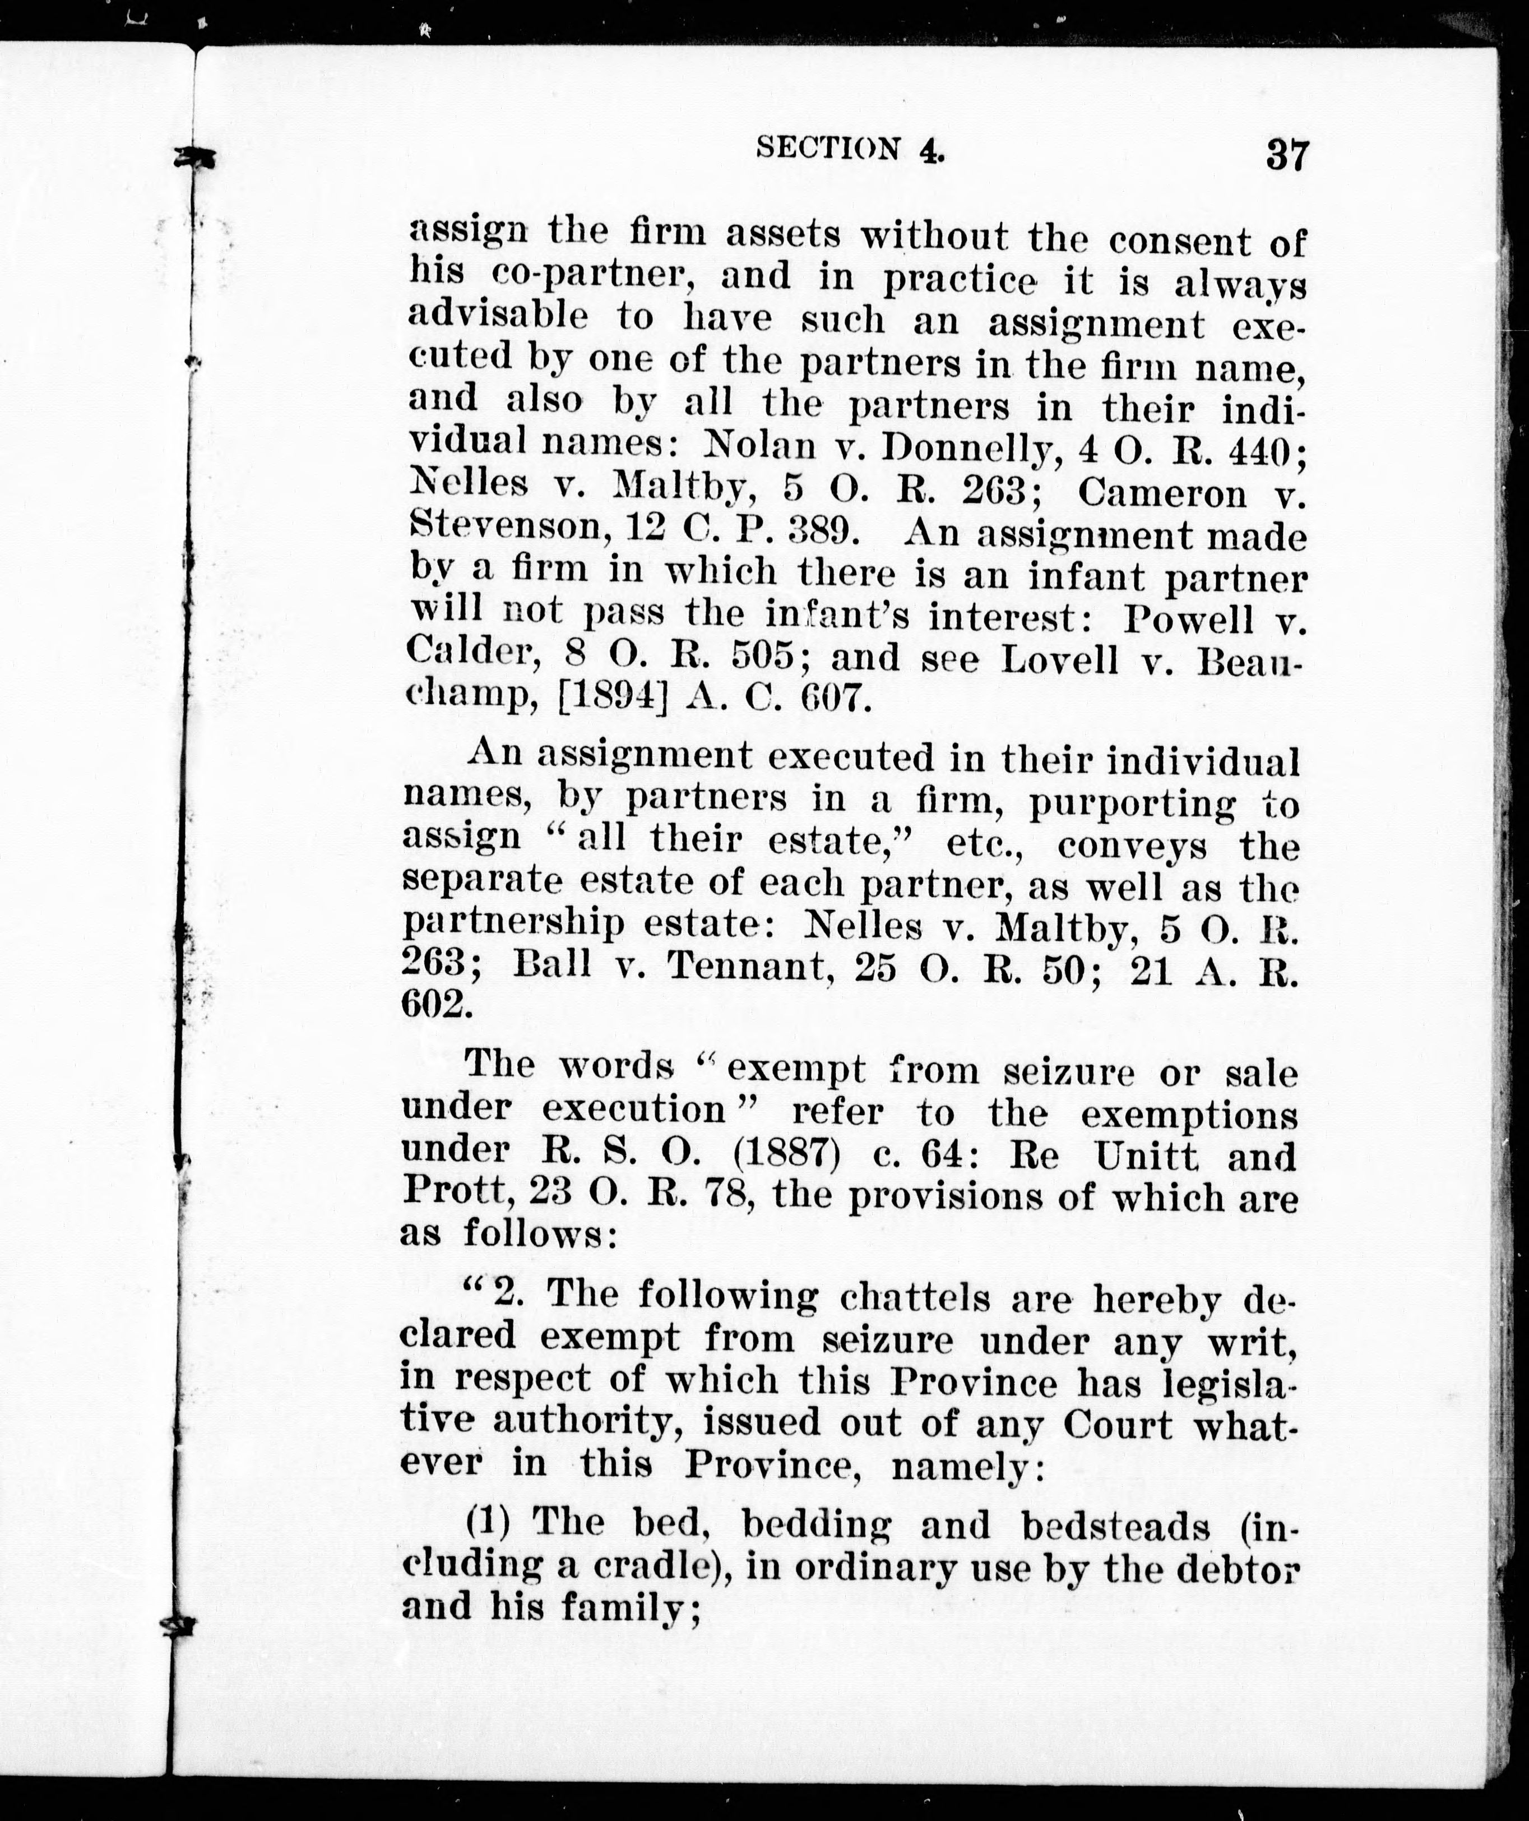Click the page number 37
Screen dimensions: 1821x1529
point(1286,156)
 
